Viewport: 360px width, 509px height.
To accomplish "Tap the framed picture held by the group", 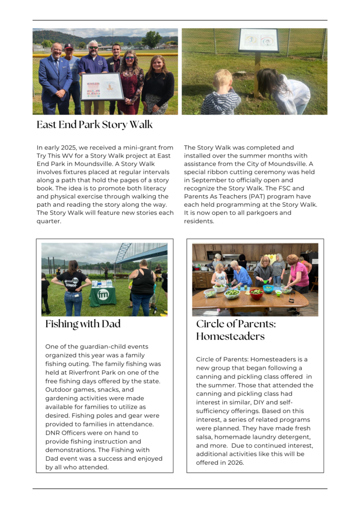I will click(102, 86).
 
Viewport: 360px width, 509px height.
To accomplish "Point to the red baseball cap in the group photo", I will click(70, 46).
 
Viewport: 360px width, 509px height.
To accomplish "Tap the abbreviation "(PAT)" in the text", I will click(248, 196).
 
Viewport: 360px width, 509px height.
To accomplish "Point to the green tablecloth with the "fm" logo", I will click(103, 296).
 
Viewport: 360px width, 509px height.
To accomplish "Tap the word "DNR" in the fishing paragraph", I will click(53, 433).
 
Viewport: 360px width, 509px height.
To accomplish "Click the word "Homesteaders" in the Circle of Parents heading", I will click(230, 337).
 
